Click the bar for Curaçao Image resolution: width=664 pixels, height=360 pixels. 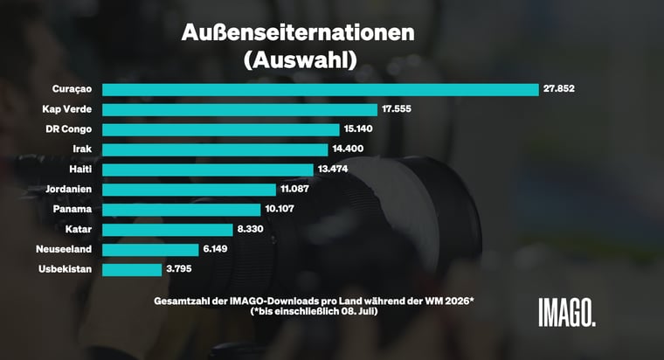(321, 90)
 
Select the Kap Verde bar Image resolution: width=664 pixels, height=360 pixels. (239, 110)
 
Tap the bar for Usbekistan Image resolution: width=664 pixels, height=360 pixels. (132, 270)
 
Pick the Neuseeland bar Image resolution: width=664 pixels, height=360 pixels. (150, 250)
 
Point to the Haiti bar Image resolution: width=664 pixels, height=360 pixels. (208, 170)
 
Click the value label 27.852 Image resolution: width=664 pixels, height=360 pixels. (559, 88)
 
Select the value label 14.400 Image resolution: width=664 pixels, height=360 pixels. (348, 149)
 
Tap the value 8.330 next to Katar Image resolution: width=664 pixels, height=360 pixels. (250, 229)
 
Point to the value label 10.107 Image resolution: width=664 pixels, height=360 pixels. (280, 209)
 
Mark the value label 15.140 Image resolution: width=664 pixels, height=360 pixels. (358, 128)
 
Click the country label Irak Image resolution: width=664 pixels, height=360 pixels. (82, 149)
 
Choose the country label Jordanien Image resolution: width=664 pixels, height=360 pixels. (69, 189)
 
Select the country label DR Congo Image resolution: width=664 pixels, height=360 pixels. (69, 129)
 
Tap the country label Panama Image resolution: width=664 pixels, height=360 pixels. (73, 209)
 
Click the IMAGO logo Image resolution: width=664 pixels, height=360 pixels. (567, 312)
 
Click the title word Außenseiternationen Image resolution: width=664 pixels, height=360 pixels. (298, 32)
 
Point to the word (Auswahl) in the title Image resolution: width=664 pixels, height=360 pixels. (301, 60)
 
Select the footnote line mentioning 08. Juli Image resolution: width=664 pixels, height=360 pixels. (314, 311)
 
